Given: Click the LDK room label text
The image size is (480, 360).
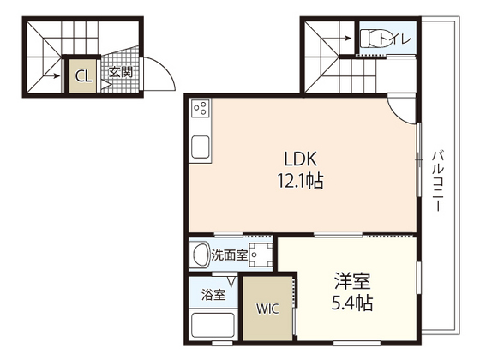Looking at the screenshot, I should point(301,159).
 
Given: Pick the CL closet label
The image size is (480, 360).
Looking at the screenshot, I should point(83,75).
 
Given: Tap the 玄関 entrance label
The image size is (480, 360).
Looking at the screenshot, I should point(120,73).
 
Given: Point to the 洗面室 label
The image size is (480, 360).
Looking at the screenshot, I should point(231,255).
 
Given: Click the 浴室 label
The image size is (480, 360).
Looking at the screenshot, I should point(214,296).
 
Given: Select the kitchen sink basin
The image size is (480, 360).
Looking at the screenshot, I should point(201,148).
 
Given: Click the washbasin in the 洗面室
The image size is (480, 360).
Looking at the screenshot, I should point(201,254).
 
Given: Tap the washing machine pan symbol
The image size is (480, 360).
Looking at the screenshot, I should point(261,254).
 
